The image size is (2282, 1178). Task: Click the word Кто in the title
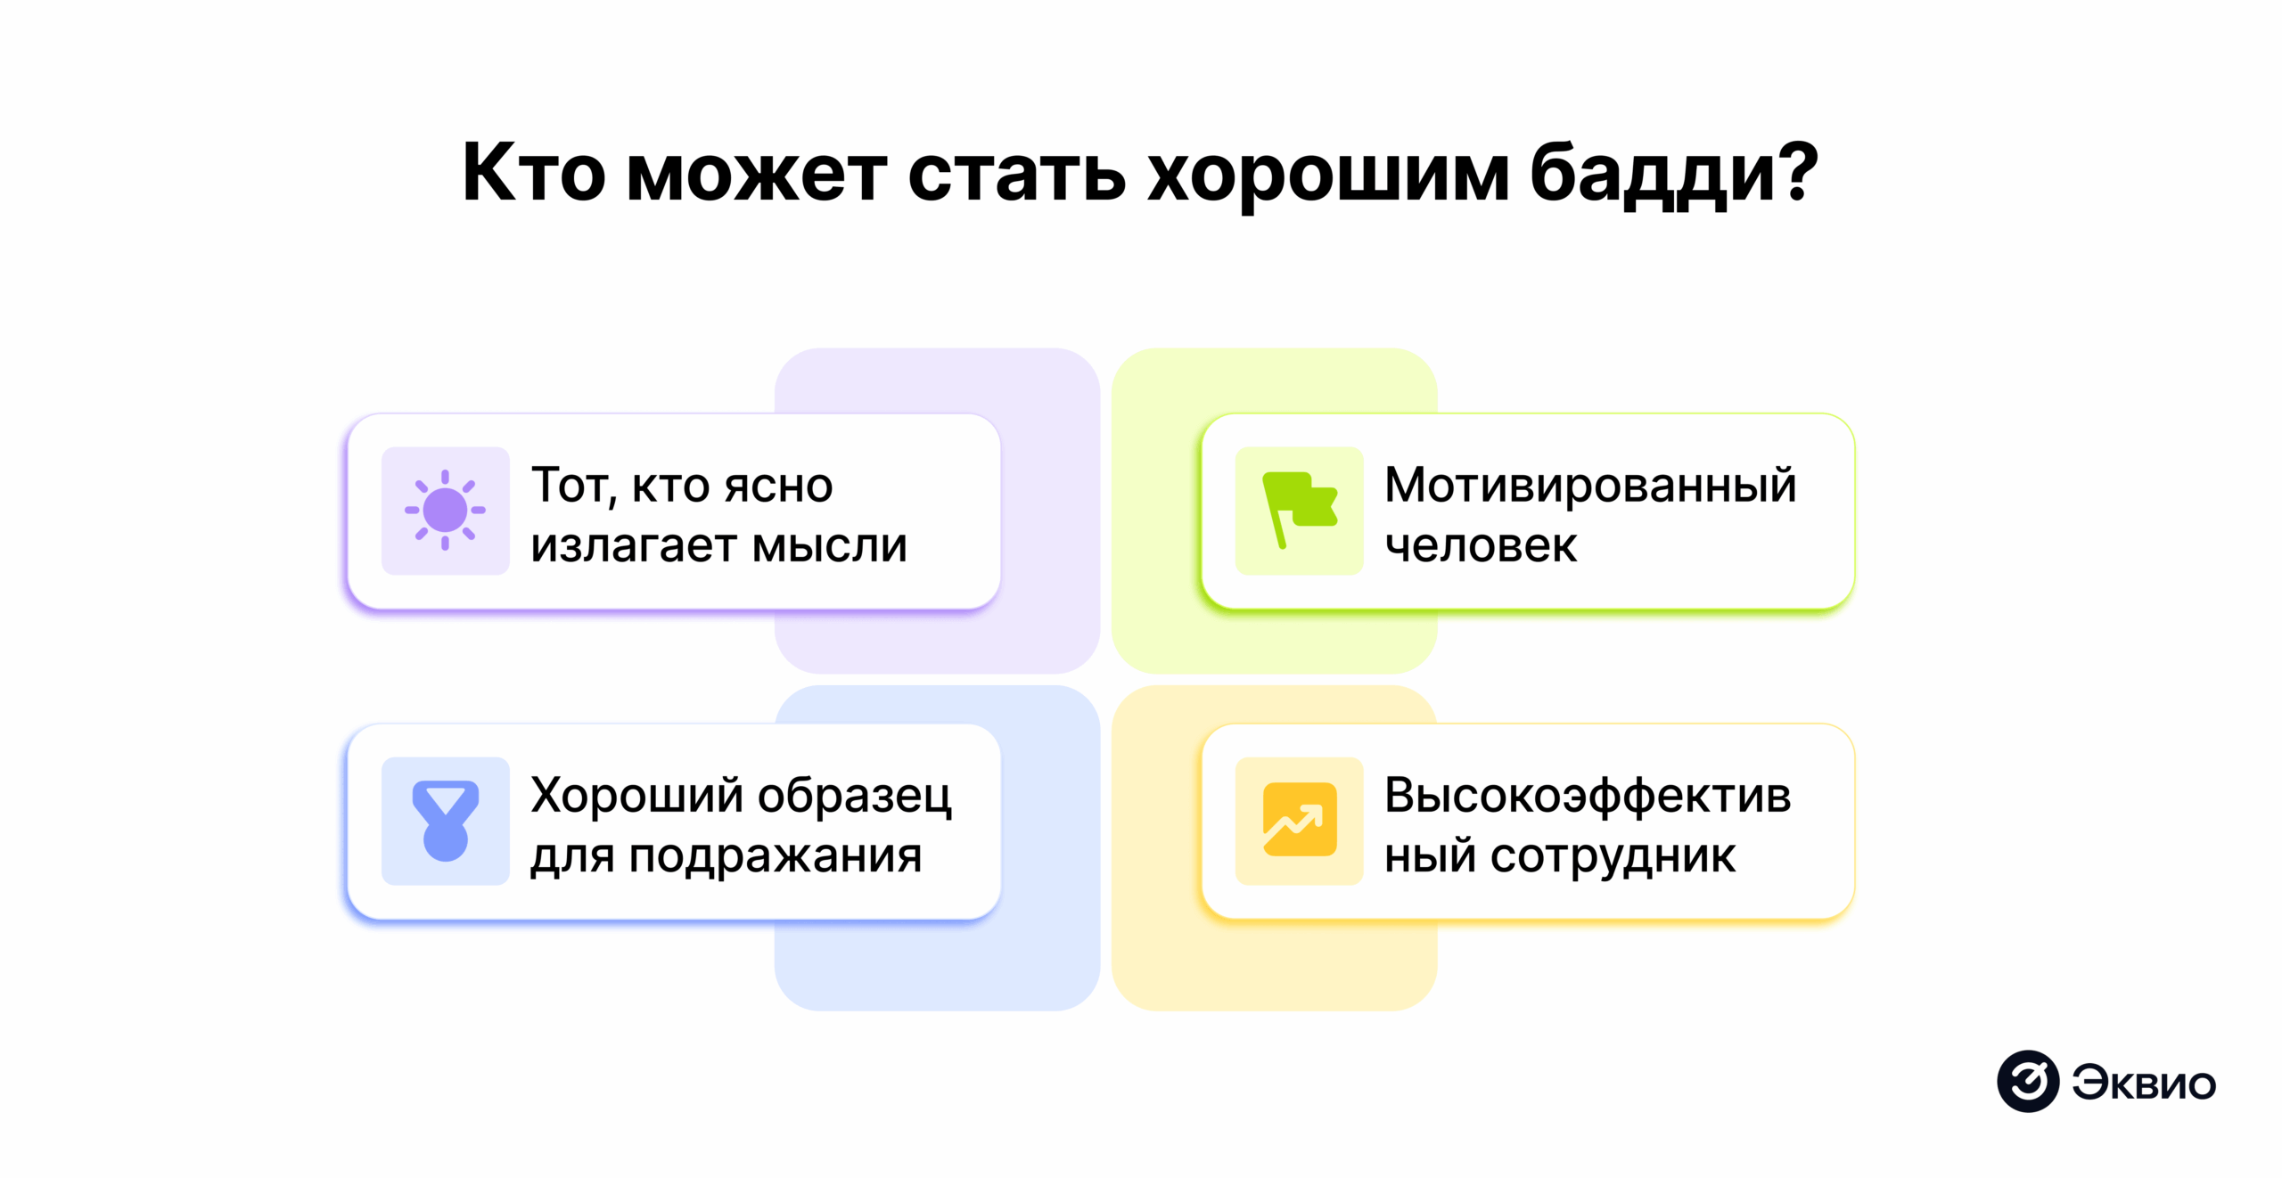(x=533, y=173)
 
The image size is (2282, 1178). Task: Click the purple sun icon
(x=445, y=511)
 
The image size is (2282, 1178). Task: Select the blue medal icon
(x=445, y=821)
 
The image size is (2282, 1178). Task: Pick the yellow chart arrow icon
(x=1299, y=820)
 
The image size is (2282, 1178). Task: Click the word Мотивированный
(x=1589, y=486)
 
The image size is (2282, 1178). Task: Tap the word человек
(x=1481, y=545)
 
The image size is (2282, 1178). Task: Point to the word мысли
(x=829, y=545)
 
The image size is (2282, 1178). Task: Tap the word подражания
(x=775, y=855)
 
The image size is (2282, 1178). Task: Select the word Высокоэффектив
(x=1587, y=795)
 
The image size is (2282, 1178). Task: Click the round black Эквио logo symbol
(x=2027, y=1081)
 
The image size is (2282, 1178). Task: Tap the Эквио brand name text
(x=2143, y=1084)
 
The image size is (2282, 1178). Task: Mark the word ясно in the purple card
(x=778, y=486)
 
